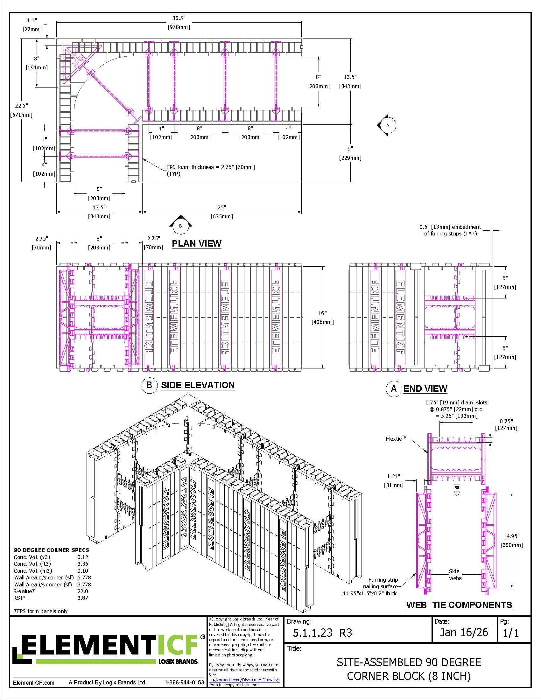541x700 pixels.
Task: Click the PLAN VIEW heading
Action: point(196,244)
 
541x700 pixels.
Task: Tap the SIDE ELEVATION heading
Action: point(198,385)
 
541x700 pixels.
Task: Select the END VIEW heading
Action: point(425,388)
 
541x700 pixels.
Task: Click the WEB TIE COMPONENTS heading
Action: point(459,605)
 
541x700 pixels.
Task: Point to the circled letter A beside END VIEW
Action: point(394,389)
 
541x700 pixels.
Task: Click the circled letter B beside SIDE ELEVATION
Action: point(149,385)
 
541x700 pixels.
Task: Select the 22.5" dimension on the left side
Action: point(21,105)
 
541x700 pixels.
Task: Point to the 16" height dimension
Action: point(322,313)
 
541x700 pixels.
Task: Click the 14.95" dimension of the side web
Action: point(511,536)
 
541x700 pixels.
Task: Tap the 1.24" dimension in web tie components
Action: point(394,476)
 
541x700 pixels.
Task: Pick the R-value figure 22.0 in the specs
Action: point(82,591)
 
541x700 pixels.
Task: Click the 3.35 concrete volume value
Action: point(82,564)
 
